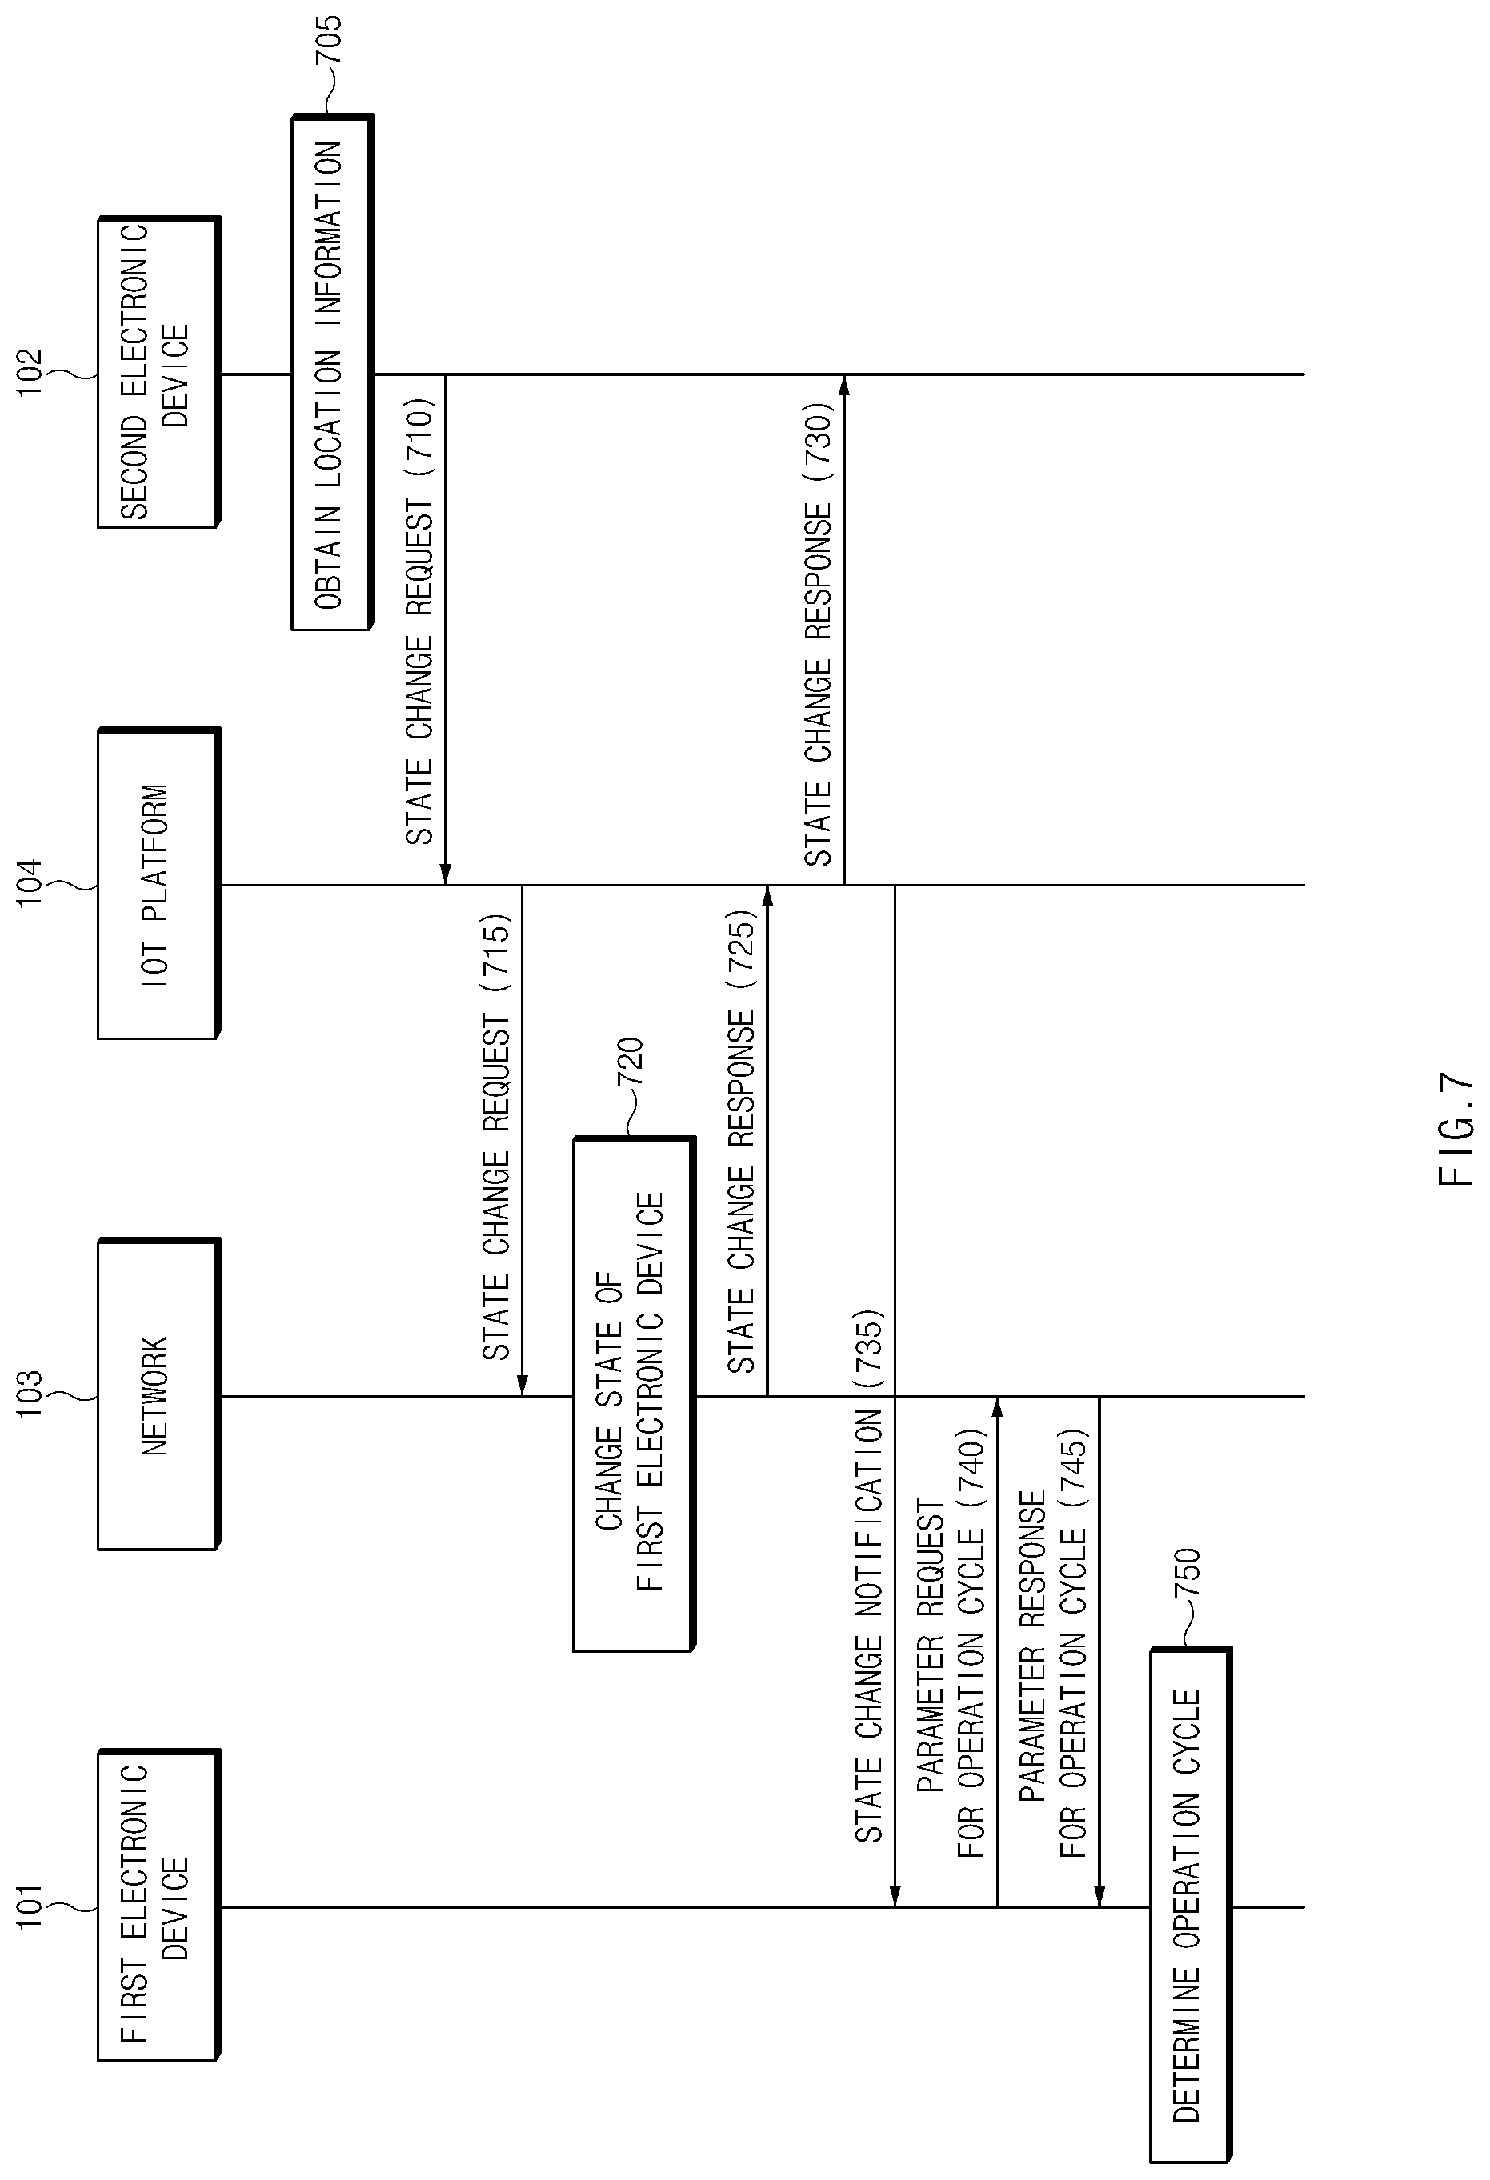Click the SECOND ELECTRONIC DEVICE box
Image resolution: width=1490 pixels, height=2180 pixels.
tap(158, 373)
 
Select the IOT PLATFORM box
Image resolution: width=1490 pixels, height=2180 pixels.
tap(158, 884)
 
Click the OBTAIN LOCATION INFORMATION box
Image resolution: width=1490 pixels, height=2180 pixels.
tap(332, 373)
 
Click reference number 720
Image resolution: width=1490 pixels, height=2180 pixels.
tap(630, 1062)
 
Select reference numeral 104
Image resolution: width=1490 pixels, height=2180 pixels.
tap(30, 882)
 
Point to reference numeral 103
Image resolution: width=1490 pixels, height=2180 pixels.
tap(30, 1394)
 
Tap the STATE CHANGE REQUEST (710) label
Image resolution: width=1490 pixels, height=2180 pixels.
tap(419, 622)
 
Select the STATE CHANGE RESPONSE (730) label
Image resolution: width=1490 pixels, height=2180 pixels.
tap(818, 634)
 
